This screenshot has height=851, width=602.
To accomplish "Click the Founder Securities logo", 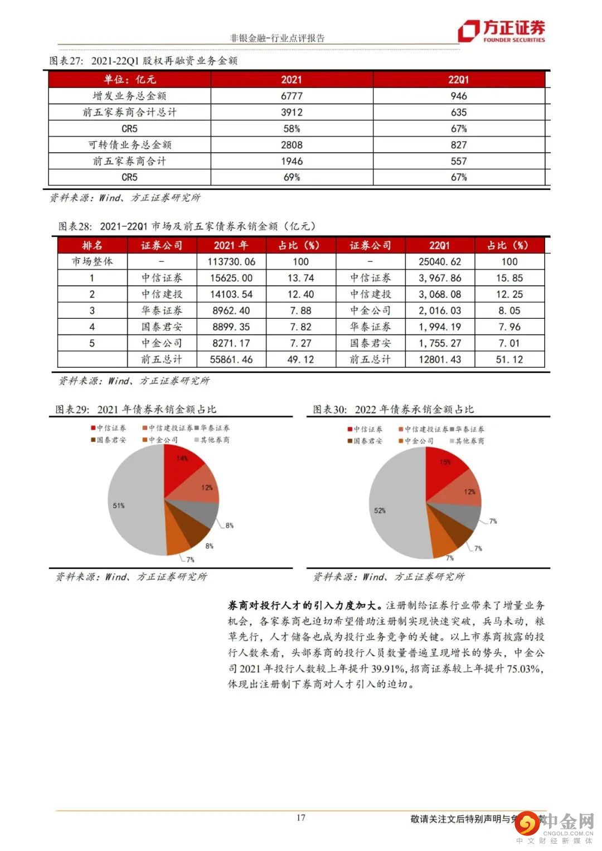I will coord(501,31).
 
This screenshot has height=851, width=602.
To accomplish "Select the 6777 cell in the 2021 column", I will coord(292,96).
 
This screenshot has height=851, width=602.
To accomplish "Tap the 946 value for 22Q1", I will coord(459,96).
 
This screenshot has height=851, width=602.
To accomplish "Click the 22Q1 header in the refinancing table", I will coord(459,79).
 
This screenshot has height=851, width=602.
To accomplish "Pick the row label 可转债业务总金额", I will coord(129,145).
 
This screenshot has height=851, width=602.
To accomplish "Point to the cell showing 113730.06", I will coord(231,261).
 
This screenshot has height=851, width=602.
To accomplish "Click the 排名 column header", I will coord(92,245).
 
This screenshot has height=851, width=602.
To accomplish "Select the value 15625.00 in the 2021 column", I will coord(231,278).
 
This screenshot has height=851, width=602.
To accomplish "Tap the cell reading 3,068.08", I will coord(440,294).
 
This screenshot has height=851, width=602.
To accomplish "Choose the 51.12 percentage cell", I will coord(509,359).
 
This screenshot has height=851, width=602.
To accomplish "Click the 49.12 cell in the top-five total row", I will coord(300,359).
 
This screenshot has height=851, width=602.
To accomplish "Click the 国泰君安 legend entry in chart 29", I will coord(108,440).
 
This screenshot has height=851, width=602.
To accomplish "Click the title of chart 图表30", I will coord(393,410).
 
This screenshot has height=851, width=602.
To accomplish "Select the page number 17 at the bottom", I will coord(301,818).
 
